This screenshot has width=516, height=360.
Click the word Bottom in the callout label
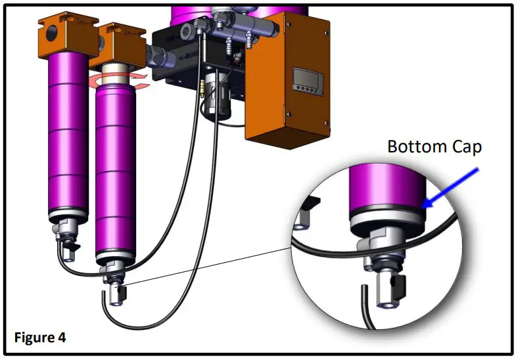417,146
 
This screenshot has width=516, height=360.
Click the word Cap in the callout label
467,147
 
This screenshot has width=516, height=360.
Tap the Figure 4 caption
40,337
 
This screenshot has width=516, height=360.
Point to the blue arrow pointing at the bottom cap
450,189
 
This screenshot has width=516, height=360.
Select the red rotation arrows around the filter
119,81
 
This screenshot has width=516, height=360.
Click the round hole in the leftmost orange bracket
51,33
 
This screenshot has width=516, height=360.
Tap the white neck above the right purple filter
115,75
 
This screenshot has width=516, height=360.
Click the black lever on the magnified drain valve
398,287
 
